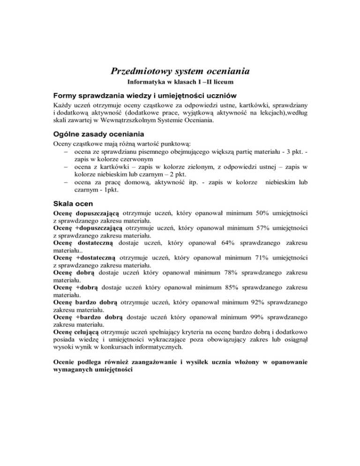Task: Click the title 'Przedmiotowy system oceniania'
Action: [180, 71]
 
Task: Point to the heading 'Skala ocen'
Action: [74, 204]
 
